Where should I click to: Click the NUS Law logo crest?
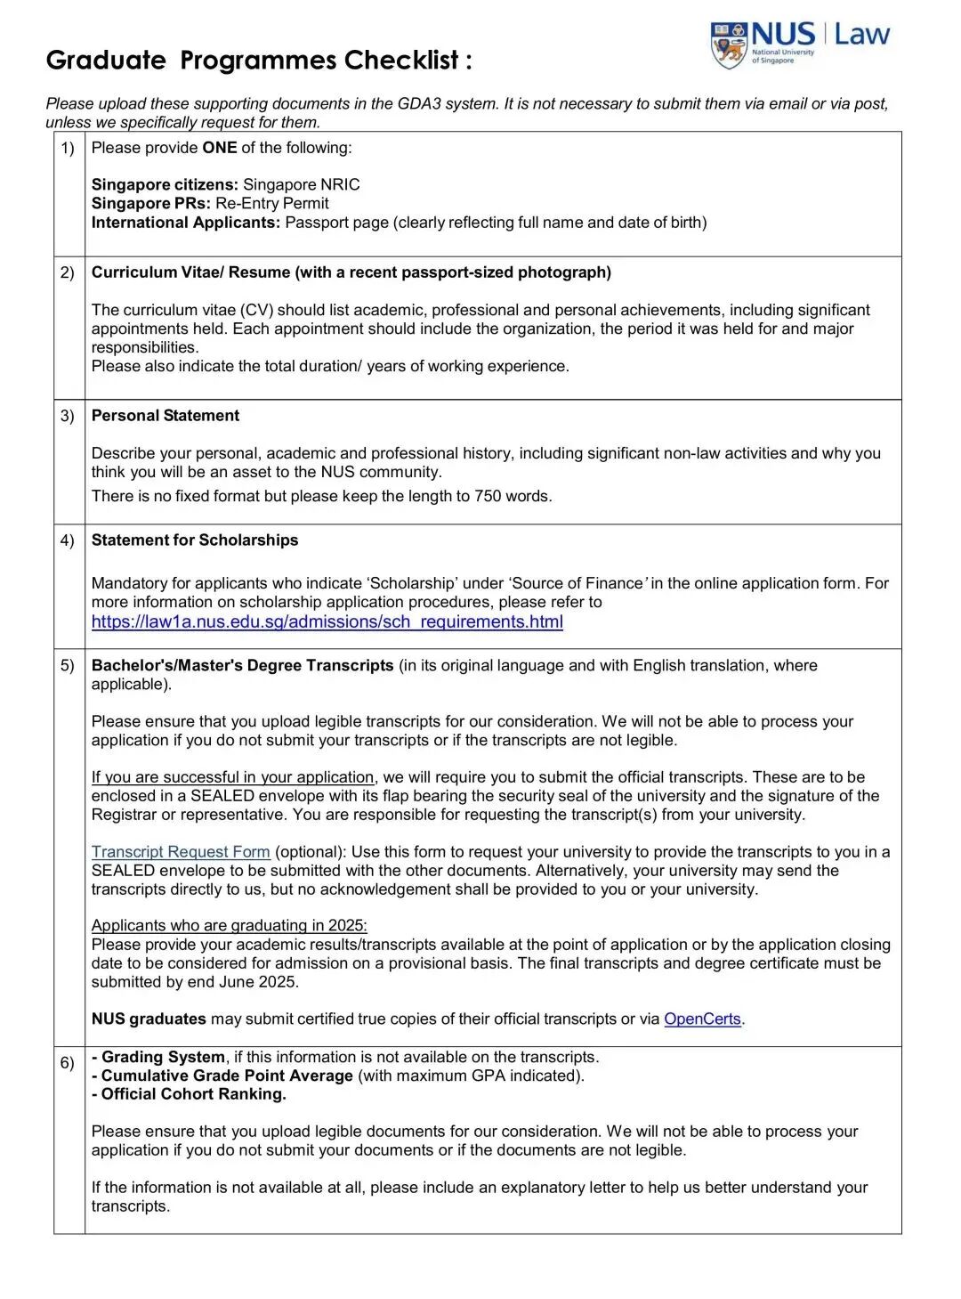click(x=729, y=45)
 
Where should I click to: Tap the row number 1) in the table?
click(x=68, y=148)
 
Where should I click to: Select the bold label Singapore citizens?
click(x=165, y=185)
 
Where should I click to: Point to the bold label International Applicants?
click(x=185, y=223)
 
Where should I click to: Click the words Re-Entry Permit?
click(x=271, y=204)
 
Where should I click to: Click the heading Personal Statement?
click(x=166, y=416)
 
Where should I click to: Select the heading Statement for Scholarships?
click(x=195, y=540)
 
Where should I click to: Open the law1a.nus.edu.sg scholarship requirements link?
click(x=327, y=622)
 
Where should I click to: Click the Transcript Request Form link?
click(x=181, y=852)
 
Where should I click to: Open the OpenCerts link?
click(x=702, y=1019)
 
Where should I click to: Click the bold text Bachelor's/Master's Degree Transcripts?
click(x=242, y=666)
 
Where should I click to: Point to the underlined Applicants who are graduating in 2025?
click(x=229, y=926)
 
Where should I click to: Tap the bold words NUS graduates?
click(x=149, y=1019)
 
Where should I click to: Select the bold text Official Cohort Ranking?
click(x=193, y=1095)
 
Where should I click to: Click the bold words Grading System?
click(x=163, y=1058)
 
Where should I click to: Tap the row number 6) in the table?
click(x=68, y=1063)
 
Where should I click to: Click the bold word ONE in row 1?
click(x=219, y=148)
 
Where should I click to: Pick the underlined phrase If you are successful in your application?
click(x=232, y=777)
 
